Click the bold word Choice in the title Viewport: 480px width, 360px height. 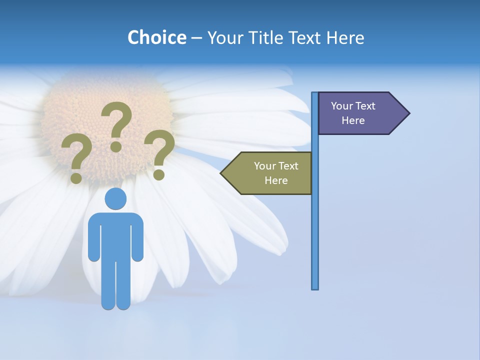(x=156, y=37)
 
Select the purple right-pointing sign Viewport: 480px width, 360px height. (x=357, y=113)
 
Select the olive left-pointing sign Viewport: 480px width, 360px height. (x=272, y=173)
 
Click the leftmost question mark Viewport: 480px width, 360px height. (x=76, y=155)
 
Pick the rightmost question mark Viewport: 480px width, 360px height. (x=159, y=150)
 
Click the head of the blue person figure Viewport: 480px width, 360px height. (x=115, y=199)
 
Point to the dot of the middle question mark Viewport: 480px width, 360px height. (x=116, y=146)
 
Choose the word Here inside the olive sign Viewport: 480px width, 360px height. (x=276, y=180)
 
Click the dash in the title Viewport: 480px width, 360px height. (x=196, y=38)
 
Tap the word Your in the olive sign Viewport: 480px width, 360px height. (x=265, y=166)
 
